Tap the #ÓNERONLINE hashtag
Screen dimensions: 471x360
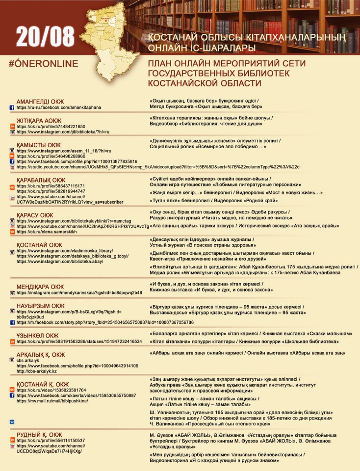(44, 64)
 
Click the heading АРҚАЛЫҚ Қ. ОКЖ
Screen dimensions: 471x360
(41, 354)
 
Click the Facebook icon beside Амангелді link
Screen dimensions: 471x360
(12, 107)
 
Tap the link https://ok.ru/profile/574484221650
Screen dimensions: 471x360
(51, 126)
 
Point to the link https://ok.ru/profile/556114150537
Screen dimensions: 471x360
(51, 441)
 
